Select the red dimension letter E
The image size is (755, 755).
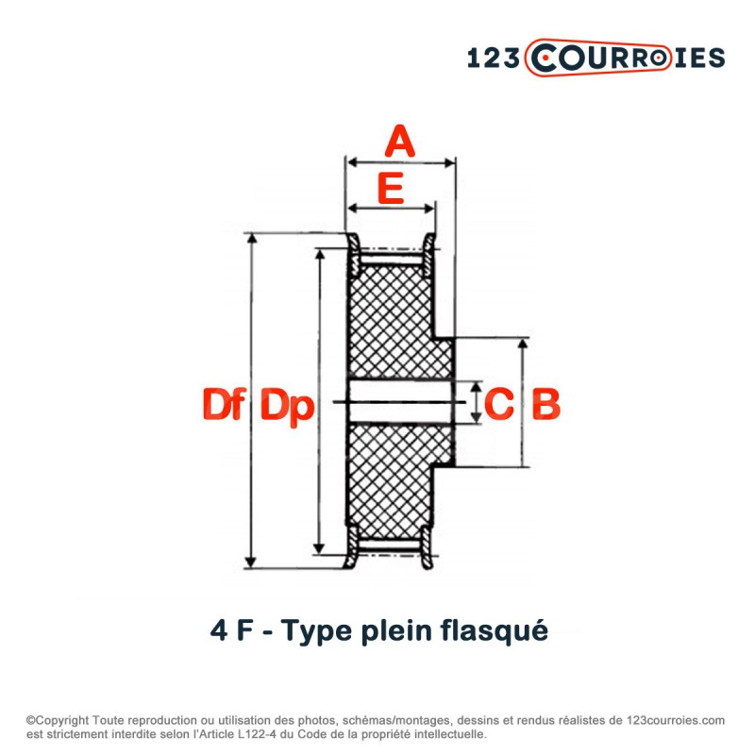[391, 188]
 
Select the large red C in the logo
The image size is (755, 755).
[546, 59]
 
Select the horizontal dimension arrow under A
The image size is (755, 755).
[401, 163]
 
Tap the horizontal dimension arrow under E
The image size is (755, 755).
[391, 208]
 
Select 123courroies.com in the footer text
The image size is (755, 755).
[674, 719]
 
